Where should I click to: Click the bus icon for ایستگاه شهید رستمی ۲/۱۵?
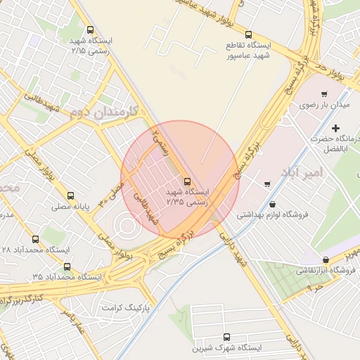click(90, 30)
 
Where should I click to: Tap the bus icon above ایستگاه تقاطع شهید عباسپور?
click(247, 34)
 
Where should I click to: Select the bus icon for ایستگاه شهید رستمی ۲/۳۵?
click(186, 181)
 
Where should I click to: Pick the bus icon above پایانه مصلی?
click(70, 196)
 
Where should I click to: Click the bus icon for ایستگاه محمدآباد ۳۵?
click(67, 266)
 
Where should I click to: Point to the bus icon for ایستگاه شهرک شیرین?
click(226, 337)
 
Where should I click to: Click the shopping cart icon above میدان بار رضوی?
click(324, 94)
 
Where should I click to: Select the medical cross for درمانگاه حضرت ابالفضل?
click(335, 129)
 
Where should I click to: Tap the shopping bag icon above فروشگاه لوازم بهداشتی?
click(272, 204)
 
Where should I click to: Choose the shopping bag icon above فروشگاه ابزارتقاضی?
click(325, 259)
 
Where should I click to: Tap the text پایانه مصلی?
click(70, 207)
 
